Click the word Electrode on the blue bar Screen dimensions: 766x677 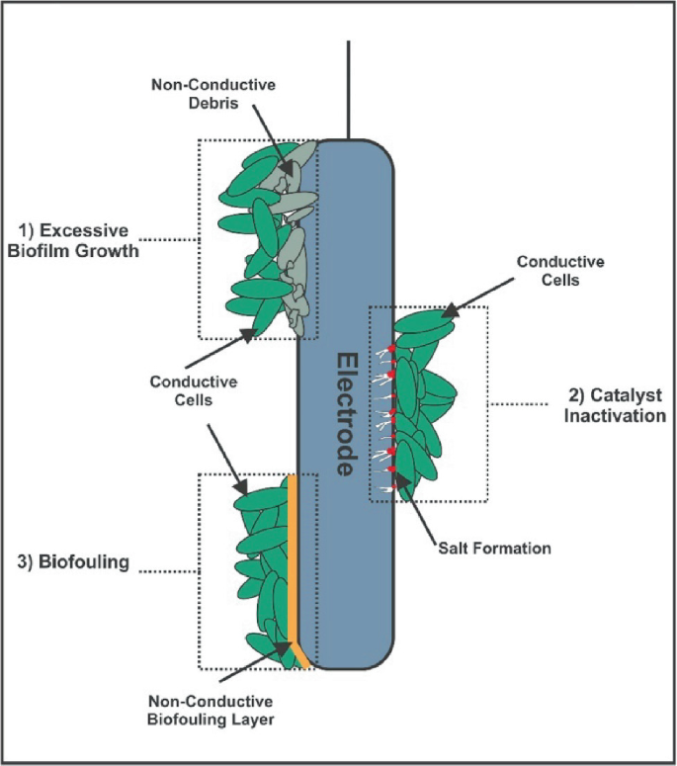point(345,414)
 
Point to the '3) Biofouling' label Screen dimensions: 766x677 point(74,563)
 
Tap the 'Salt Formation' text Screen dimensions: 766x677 point(493,547)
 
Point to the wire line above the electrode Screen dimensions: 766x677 point(348,89)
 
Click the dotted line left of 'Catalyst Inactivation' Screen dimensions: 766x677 point(519,403)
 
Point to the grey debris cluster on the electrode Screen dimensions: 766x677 point(296,227)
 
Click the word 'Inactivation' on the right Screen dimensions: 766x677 point(614,415)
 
